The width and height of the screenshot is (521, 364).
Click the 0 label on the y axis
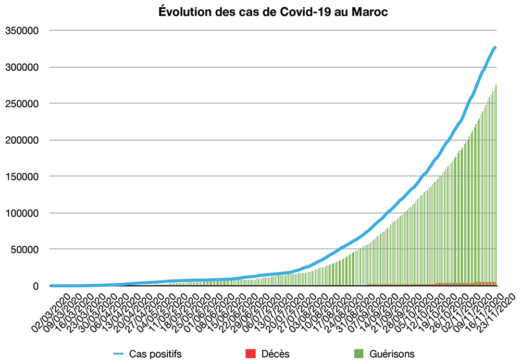[36, 286]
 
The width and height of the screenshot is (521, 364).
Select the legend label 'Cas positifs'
[155, 354]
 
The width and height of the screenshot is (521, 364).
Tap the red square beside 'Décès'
[250, 354]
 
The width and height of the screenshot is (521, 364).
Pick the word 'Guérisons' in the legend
[391, 354]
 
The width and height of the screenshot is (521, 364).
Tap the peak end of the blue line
[495, 47]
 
